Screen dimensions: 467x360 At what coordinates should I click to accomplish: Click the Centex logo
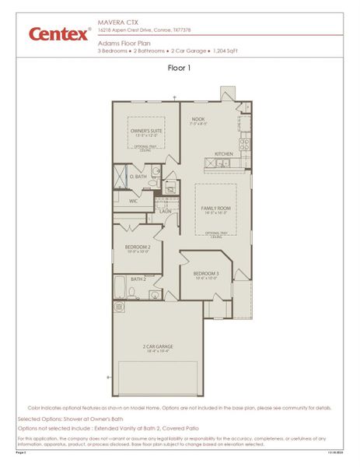(x=58, y=34)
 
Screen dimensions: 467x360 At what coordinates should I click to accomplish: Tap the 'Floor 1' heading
(x=179, y=68)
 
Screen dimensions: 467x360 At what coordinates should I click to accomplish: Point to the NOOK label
(x=198, y=120)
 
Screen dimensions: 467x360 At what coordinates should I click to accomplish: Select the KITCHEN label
(x=224, y=154)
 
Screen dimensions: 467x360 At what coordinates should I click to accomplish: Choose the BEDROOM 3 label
(x=206, y=274)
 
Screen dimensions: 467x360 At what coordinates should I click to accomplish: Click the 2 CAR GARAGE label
(x=157, y=346)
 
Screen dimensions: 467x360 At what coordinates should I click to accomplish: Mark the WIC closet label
(x=133, y=201)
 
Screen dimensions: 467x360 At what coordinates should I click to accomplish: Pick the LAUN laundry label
(x=165, y=211)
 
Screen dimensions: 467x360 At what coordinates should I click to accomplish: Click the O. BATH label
(x=138, y=177)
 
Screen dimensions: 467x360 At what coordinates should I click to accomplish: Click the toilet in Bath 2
(x=134, y=293)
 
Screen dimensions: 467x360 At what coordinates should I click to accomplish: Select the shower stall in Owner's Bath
(x=121, y=177)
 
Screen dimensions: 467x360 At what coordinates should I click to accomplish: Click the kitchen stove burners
(x=246, y=142)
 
